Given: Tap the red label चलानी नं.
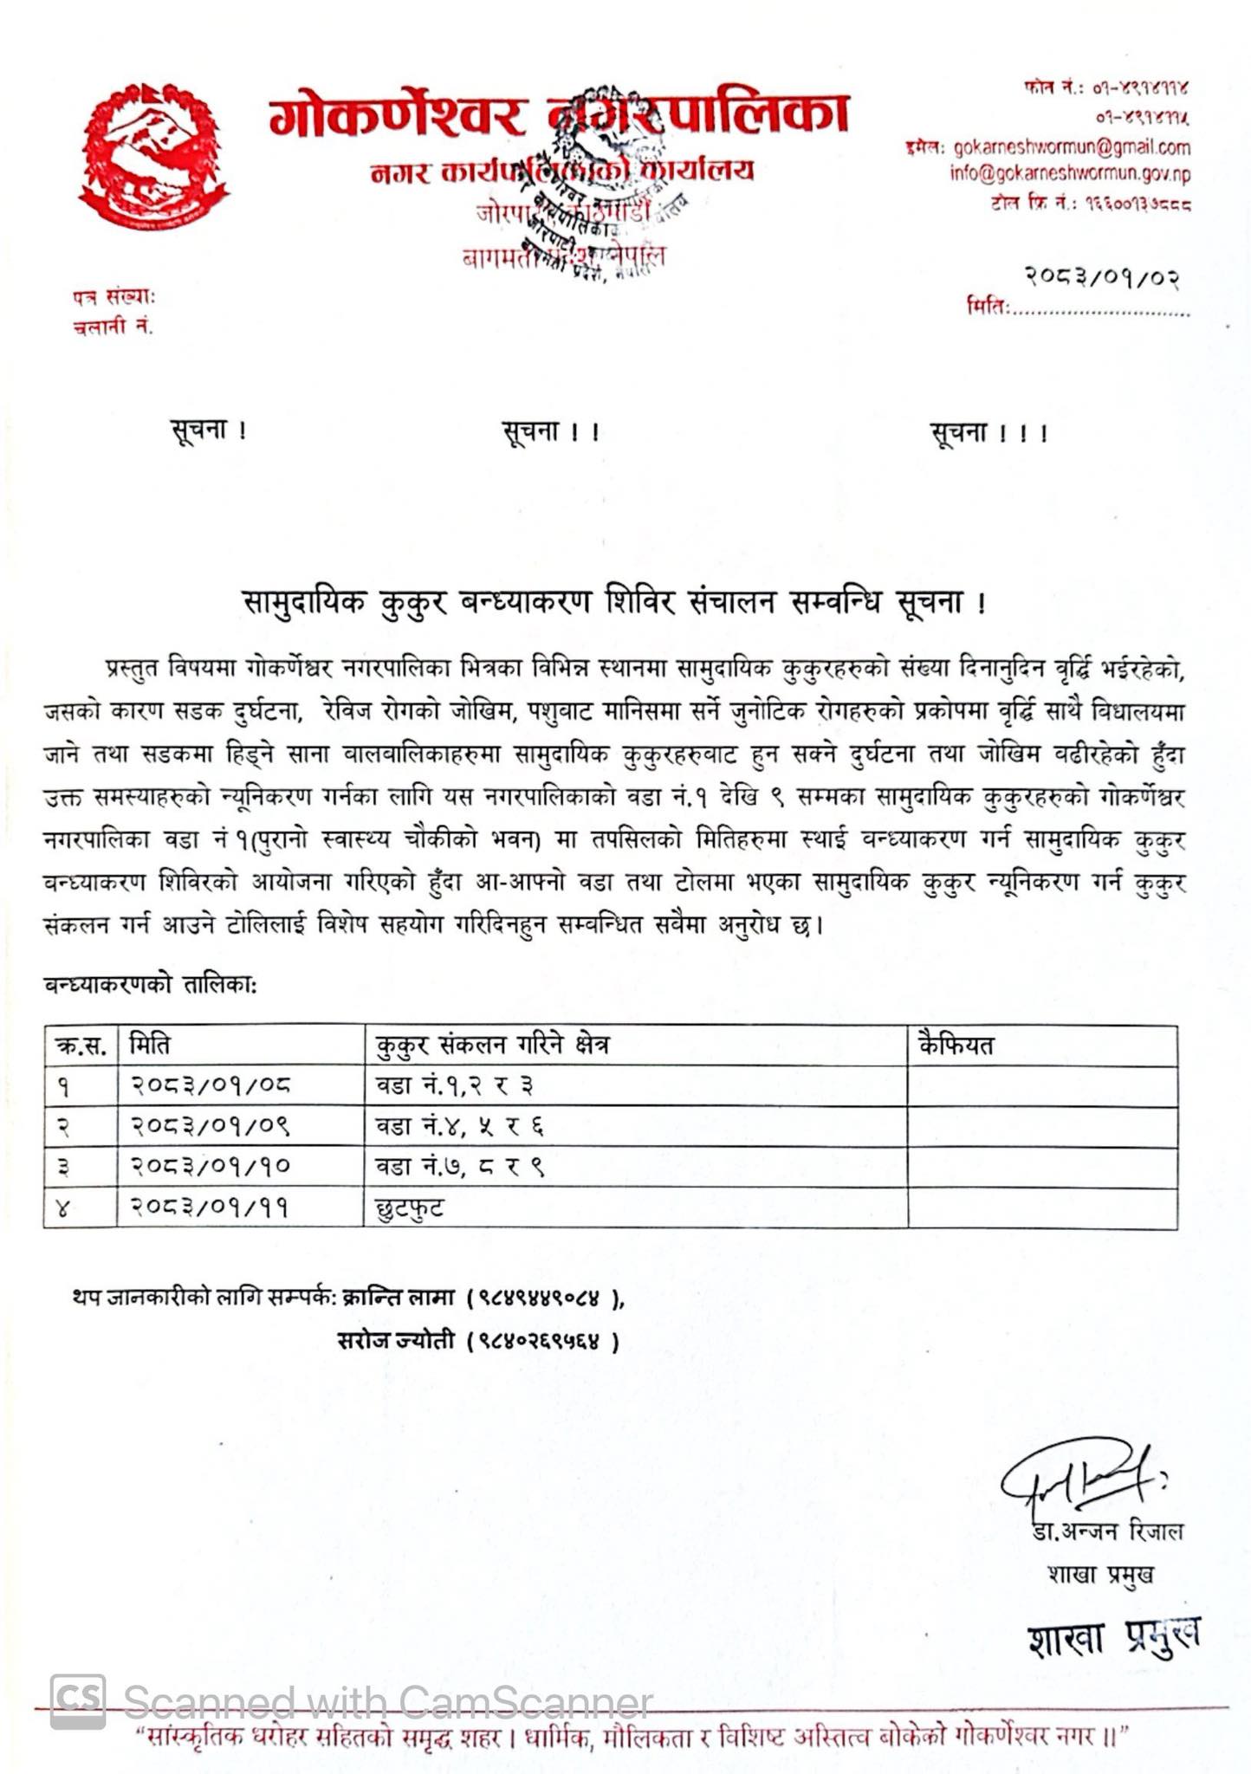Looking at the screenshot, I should tap(113, 327).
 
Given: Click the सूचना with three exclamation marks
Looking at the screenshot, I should tap(988, 431).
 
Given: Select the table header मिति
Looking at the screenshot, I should tap(149, 1045).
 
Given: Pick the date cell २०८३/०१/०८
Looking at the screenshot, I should tap(211, 1085).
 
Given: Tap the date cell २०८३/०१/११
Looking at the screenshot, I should tap(209, 1207).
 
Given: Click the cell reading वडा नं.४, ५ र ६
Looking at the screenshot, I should tap(459, 1126).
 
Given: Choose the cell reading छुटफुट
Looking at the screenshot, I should tap(410, 1207).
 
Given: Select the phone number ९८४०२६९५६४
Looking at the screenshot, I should tap(542, 1342).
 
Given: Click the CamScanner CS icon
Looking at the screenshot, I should tap(78, 1701).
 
